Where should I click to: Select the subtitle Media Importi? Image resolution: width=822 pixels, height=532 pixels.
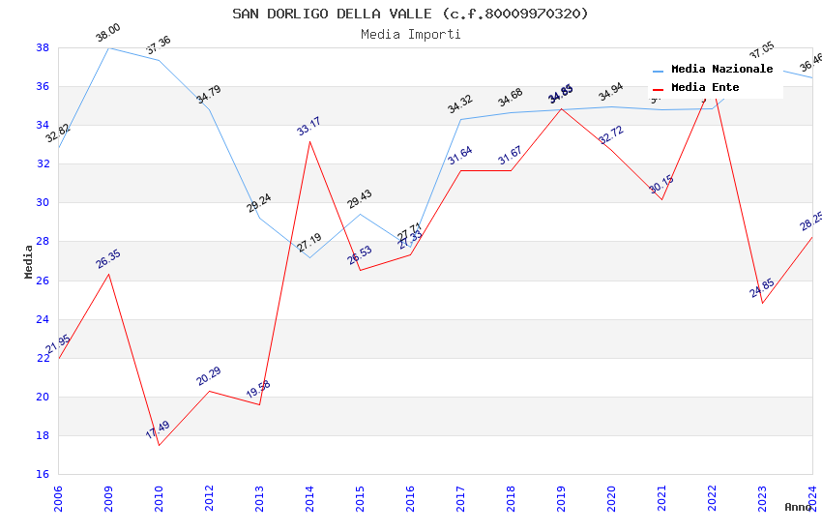pos(410,34)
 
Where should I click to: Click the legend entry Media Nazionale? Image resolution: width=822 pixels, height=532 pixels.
pos(721,70)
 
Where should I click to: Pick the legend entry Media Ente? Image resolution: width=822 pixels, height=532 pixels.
pos(705,88)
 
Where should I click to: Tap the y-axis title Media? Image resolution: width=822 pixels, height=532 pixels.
pos(29,261)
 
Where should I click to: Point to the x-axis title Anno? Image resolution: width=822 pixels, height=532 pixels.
pos(798,507)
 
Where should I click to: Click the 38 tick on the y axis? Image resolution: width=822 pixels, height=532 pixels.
pos(43,47)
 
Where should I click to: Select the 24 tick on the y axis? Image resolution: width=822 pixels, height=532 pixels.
pos(43,319)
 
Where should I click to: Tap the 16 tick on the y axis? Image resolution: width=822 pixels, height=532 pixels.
pos(43,474)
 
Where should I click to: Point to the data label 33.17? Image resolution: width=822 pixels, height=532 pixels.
pos(308,126)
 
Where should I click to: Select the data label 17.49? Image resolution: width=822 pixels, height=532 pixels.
pos(158,429)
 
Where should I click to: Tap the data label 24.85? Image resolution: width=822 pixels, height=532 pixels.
pos(762,287)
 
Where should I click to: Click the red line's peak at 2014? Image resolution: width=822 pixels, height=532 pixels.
pos(309,141)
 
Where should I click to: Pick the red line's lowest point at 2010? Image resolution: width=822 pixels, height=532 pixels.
pos(159,445)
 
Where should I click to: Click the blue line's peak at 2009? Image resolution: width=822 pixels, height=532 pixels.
pos(108,47)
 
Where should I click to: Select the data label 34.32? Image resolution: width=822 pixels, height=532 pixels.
pos(459,104)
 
